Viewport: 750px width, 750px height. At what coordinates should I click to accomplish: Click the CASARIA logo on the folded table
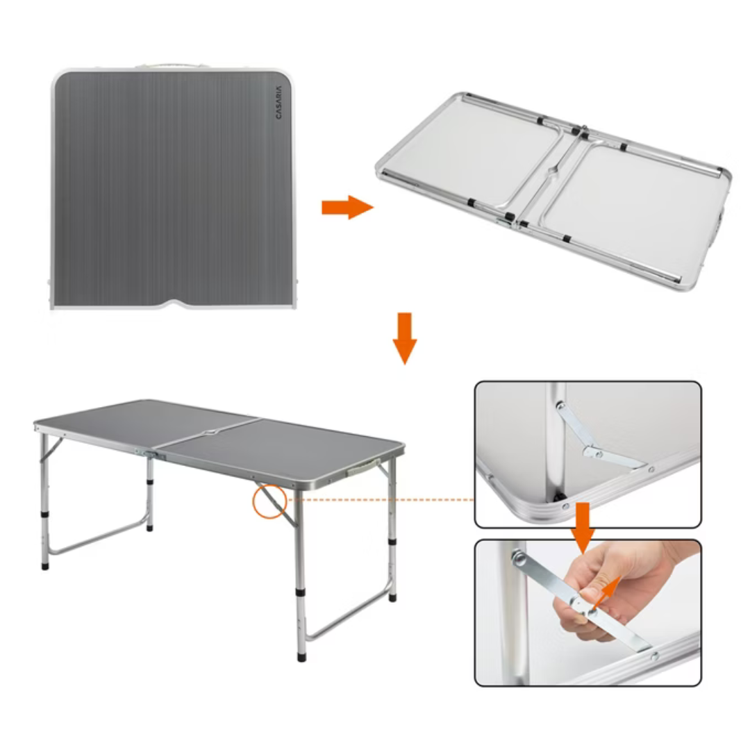coord(279,102)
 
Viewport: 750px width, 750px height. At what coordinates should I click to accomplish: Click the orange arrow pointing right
coord(347,208)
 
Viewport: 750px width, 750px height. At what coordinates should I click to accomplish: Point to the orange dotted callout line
coord(381,500)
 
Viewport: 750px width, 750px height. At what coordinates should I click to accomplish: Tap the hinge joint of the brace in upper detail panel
coord(593,451)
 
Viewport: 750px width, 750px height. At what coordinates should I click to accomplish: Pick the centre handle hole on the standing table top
coord(210,433)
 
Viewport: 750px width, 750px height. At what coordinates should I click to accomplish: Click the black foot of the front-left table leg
coord(45,565)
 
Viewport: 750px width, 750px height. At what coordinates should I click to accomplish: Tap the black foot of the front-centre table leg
coord(301,656)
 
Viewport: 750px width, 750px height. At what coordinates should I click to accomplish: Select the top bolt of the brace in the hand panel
coord(518,557)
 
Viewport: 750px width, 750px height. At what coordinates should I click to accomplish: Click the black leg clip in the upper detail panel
coord(558,497)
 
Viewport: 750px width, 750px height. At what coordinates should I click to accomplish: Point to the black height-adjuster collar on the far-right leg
coord(392,542)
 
